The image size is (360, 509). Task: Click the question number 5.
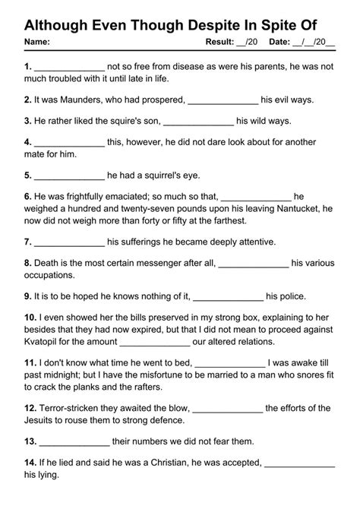click(28, 175)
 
